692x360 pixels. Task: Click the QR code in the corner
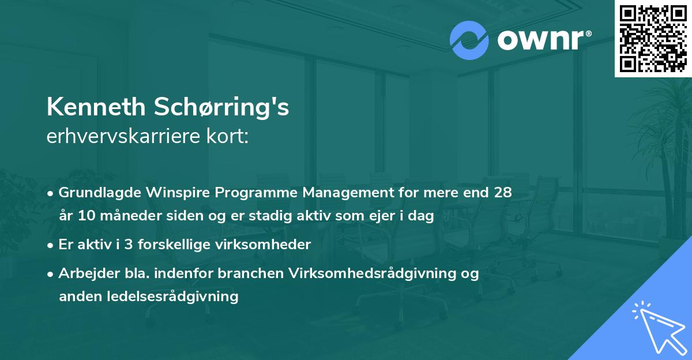[653, 39]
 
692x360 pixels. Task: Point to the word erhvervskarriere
[124, 137]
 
